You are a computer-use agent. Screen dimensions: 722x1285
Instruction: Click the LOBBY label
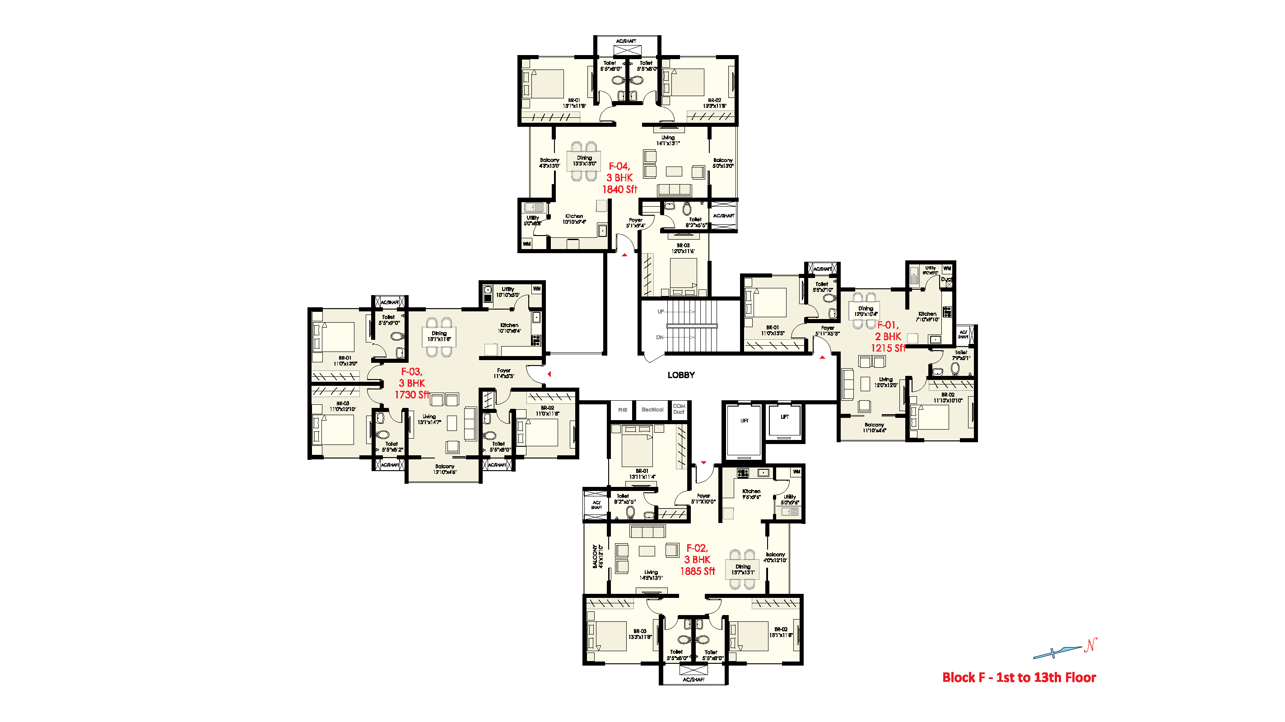tap(681, 375)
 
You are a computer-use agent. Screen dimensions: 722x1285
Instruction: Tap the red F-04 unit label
tap(619, 167)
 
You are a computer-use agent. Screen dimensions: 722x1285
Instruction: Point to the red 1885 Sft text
tap(698, 571)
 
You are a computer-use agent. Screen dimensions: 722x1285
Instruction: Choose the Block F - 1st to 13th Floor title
tap(1019, 678)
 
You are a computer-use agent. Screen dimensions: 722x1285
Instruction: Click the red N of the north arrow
tap(1090, 645)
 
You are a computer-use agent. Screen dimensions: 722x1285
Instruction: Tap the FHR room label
tap(623, 410)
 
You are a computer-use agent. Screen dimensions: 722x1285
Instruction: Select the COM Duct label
tap(679, 409)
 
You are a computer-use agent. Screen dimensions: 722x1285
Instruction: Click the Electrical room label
tap(652, 410)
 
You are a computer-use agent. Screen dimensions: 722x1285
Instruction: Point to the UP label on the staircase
tap(661, 312)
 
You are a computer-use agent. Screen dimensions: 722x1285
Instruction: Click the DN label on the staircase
tap(660, 338)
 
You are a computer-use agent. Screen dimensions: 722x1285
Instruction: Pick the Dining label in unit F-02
tap(743, 566)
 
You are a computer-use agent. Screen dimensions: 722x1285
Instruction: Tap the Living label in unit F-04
tap(668, 138)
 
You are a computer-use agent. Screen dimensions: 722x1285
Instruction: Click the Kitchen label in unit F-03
tap(509, 325)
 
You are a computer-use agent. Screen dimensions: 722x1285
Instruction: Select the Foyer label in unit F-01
tap(828, 328)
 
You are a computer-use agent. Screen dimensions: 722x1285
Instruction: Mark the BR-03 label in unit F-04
tap(683, 245)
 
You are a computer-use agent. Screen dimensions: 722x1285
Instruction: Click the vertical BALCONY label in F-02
tap(595, 556)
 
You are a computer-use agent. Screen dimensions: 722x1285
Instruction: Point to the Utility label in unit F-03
tap(508, 289)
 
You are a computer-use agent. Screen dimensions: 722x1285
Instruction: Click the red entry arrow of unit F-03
tap(549, 374)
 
